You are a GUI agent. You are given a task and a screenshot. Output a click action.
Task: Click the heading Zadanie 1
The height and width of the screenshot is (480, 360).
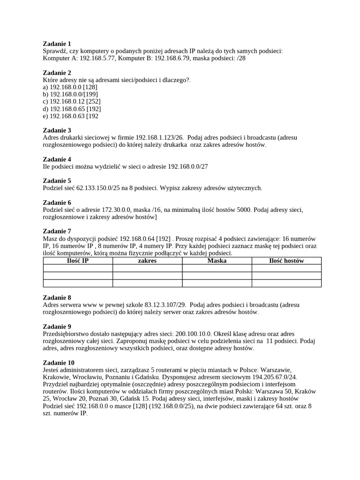pyautogui.click(x=57, y=44)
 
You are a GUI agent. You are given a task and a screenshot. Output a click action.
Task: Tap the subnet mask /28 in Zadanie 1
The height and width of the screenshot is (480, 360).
pyautogui.click(x=240, y=58)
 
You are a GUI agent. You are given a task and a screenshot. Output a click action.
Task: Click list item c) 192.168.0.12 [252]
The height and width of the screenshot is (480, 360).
pyautogui.click(x=72, y=101)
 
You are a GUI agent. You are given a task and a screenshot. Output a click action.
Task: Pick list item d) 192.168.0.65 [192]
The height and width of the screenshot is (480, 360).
pyautogui.click(x=72, y=109)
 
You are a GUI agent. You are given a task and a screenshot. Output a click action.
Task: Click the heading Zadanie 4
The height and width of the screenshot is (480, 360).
pyautogui.click(x=57, y=159)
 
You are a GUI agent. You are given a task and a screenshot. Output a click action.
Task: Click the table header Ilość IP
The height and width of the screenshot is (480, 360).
pyautogui.click(x=77, y=261)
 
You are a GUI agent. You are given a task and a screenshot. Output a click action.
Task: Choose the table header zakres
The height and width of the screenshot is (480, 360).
pyautogui.click(x=147, y=261)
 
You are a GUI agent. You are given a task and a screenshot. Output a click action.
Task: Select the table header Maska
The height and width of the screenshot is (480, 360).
pyautogui.click(x=217, y=261)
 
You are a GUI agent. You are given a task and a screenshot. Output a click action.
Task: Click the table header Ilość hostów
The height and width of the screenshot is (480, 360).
pyautogui.click(x=286, y=261)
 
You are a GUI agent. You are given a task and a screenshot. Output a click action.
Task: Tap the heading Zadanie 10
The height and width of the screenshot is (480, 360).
pyautogui.click(x=59, y=363)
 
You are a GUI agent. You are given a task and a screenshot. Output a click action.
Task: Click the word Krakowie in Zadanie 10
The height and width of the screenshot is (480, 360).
pyautogui.click(x=56, y=377)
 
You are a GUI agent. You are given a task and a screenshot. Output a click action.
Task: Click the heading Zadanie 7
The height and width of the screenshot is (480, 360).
pyautogui.click(x=57, y=232)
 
